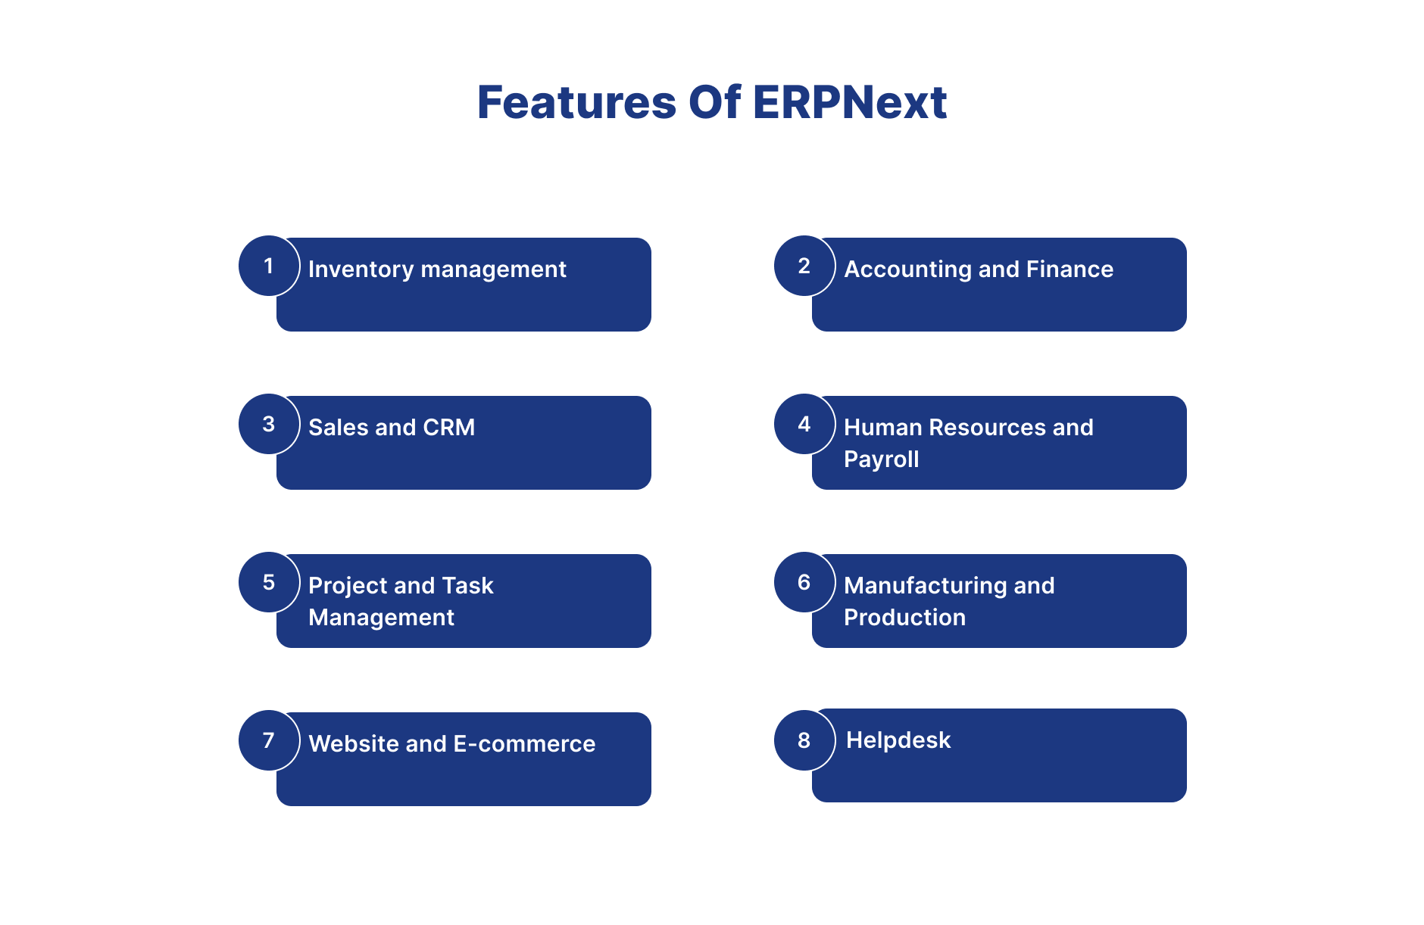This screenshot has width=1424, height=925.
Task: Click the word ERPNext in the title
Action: coord(850,102)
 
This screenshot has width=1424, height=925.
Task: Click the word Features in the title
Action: coord(576,102)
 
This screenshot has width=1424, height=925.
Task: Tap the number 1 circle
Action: coord(269,266)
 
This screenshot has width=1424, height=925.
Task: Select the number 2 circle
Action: coord(804,266)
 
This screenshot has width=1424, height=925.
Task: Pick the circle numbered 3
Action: coord(269,424)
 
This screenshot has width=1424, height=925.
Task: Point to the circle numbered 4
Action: coord(804,424)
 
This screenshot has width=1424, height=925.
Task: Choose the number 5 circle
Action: coord(269,582)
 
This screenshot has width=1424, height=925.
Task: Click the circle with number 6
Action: coord(804,582)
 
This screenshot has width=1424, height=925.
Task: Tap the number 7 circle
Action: coord(269,740)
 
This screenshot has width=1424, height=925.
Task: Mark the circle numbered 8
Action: coord(804,740)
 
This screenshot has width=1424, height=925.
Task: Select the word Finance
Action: coord(1070,269)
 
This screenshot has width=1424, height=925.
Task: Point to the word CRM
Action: coord(449,427)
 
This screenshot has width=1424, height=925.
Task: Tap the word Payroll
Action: coord(882,459)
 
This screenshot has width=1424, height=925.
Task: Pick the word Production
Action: coord(905,617)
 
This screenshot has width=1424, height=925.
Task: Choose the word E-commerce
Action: coord(524,743)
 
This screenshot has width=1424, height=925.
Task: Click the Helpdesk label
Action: coord(898,740)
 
